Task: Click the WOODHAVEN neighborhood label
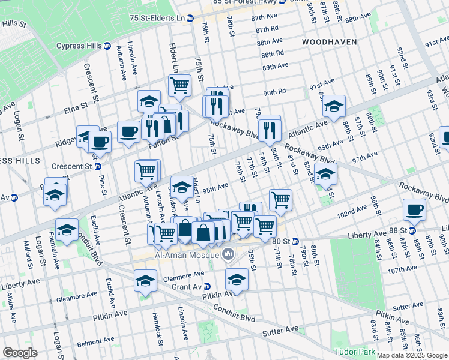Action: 329,42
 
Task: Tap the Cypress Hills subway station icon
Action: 107,46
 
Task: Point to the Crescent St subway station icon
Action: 97,166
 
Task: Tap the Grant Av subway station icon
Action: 206,286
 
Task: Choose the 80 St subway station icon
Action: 295,241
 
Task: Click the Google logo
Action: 20,353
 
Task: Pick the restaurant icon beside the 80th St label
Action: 269,128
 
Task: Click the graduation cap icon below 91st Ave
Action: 334,107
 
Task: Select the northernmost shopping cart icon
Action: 179,86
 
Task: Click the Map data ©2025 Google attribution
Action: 411,355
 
